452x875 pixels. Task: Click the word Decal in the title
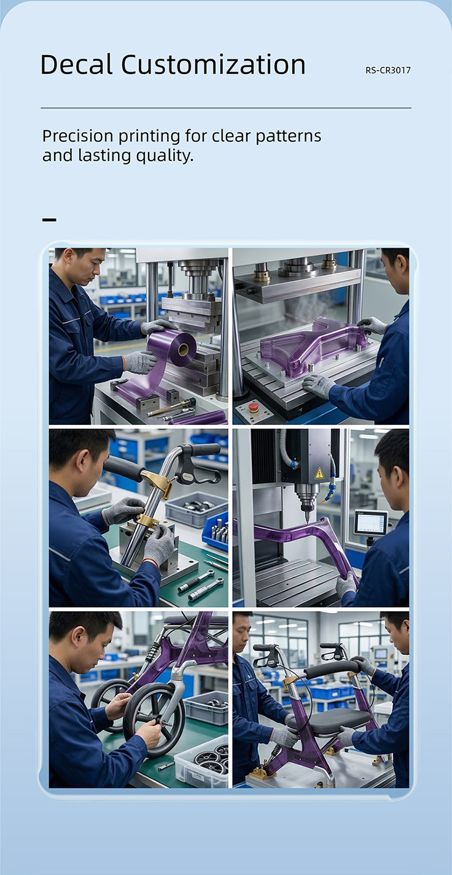(77, 64)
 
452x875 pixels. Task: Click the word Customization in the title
(213, 64)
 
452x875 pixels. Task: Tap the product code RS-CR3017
(388, 71)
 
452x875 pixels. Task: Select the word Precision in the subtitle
(78, 136)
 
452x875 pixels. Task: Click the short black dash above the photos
(49, 220)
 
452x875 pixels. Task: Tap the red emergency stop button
(253, 407)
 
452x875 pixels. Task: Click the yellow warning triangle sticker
(319, 473)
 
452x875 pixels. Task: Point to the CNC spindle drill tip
(307, 519)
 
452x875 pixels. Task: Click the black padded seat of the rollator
(329, 719)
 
